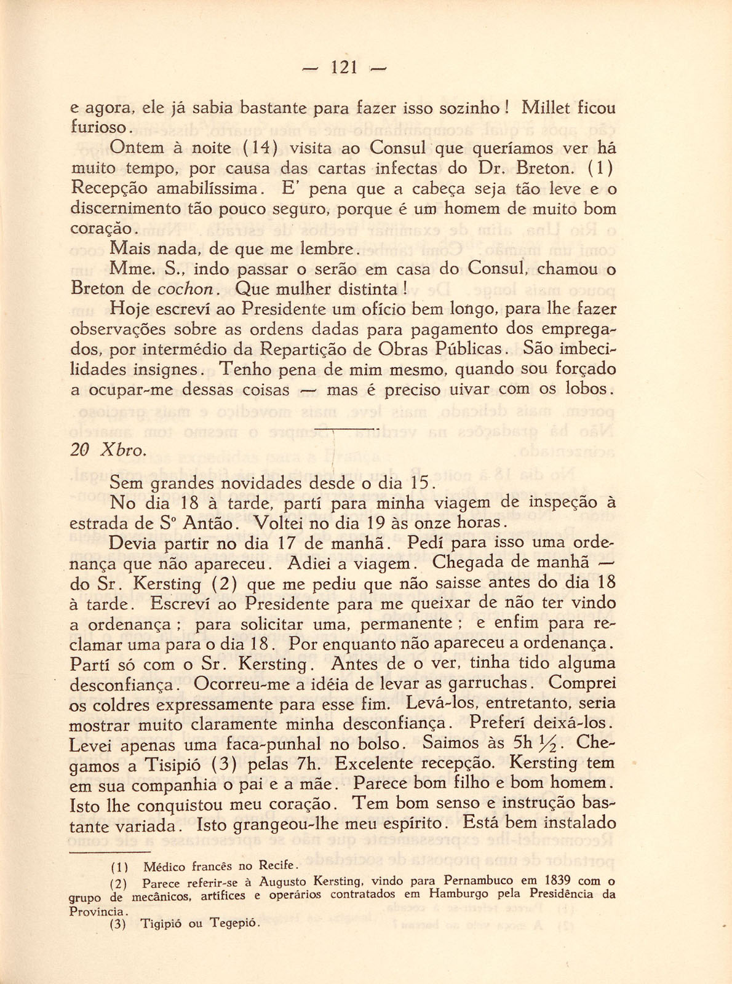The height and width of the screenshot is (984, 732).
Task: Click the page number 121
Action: click(x=344, y=67)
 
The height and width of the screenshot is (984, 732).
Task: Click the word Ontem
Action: click(x=137, y=148)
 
